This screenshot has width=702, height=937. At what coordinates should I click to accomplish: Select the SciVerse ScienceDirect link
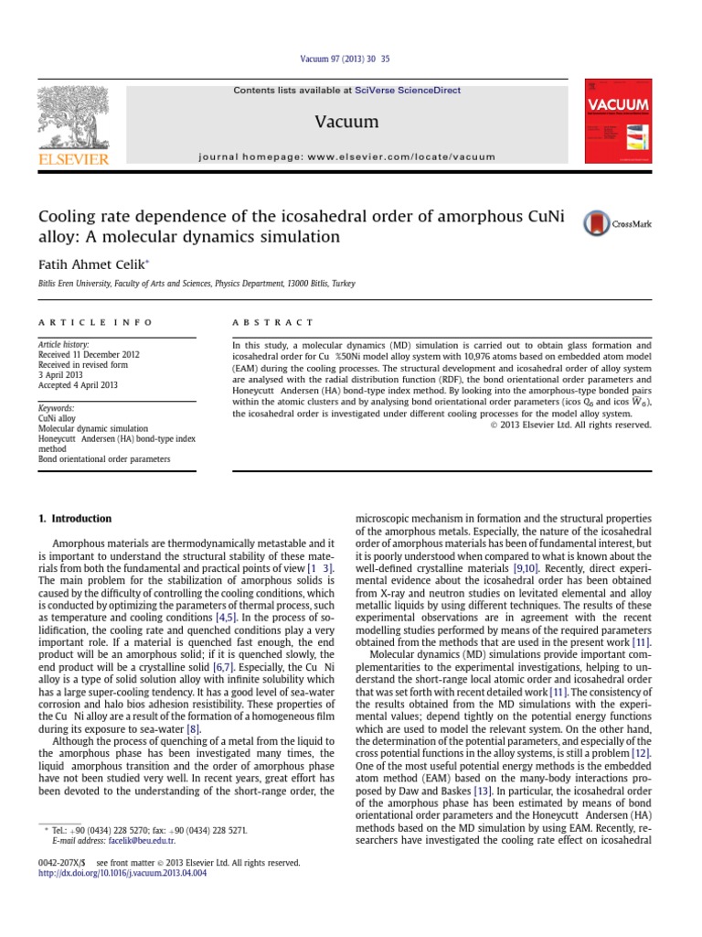click(x=408, y=91)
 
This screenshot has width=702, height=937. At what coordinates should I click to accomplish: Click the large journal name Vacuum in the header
click(x=346, y=122)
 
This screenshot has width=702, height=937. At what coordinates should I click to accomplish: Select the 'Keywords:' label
click(x=56, y=408)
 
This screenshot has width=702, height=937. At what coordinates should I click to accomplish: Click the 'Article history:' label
click(x=63, y=344)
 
